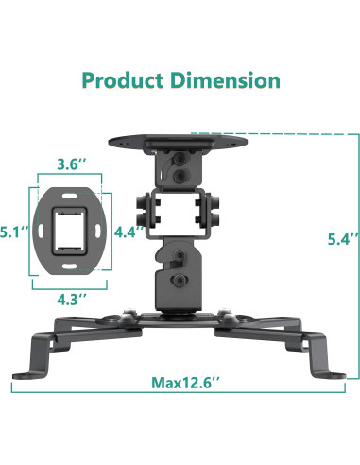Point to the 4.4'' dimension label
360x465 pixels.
tap(130, 229)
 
